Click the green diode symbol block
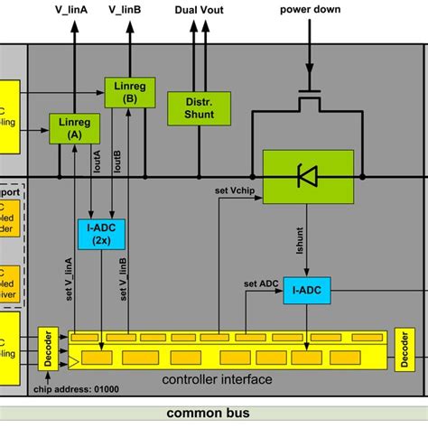point(307,175)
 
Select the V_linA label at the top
point(70,9)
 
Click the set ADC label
point(261,284)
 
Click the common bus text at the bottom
point(214,413)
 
